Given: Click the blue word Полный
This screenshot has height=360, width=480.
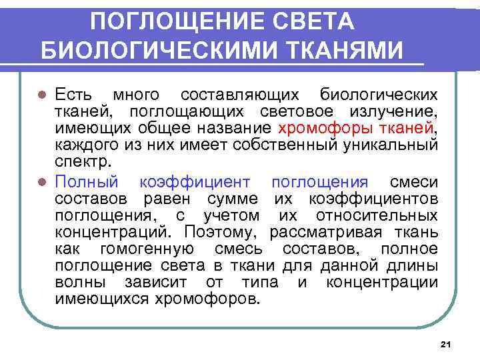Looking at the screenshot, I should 87,181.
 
